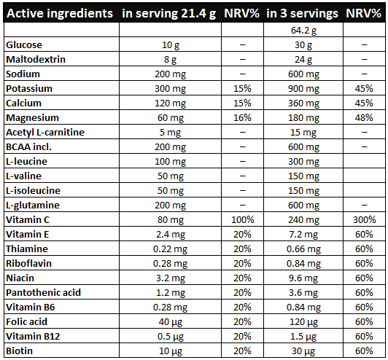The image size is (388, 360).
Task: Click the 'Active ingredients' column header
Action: click(x=60, y=13)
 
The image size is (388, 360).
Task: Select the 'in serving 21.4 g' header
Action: click(x=169, y=14)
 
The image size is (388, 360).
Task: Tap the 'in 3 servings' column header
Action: click(x=302, y=14)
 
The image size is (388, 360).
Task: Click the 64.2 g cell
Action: click(x=303, y=31)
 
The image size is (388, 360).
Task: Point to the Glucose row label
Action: click(x=24, y=45)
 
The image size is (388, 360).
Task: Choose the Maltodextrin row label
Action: click(x=36, y=60)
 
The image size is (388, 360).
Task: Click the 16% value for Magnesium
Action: click(x=242, y=118)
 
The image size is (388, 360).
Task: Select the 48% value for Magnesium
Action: click(x=364, y=118)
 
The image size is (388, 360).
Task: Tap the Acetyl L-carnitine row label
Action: click(x=45, y=133)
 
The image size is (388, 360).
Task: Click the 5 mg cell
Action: click(x=170, y=133)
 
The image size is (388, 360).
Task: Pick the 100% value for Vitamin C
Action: click(x=242, y=220)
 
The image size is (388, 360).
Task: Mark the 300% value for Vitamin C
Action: click(x=364, y=220)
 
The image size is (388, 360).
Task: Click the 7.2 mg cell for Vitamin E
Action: click(x=303, y=235)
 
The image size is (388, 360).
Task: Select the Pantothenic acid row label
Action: click(x=43, y=293)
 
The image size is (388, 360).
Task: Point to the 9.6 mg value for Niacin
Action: click(x=303, y=278)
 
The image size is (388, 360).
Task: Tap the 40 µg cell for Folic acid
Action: click(x=170, y=322)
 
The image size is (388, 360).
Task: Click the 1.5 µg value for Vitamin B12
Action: click(x=303, y=337)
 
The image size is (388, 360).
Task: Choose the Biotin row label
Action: click(x=19, y=351)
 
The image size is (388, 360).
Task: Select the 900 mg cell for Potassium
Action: click(x=303, y=89)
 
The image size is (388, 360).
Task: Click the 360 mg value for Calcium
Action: click(x=303, y=103)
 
